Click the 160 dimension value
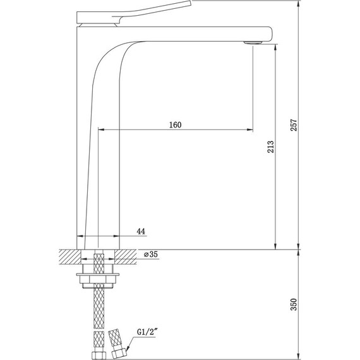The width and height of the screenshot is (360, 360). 176,125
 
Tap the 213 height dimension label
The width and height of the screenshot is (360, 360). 271,147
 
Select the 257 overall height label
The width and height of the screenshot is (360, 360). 294,125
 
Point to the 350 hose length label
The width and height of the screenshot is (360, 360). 294,304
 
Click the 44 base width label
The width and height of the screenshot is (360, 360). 141,231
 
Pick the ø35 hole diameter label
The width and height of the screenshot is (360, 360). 151,255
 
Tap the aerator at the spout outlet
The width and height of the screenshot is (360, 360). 253,43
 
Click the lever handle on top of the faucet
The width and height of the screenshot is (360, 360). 134,13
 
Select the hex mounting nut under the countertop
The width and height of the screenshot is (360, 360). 98,279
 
